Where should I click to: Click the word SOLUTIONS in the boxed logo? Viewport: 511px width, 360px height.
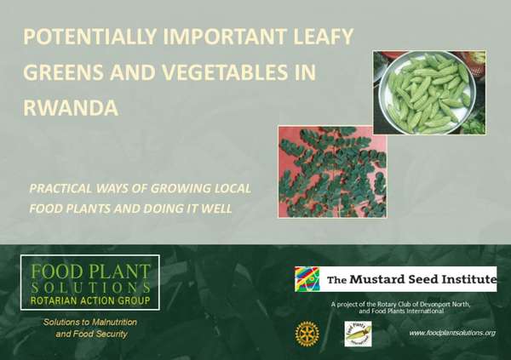pos(90,287)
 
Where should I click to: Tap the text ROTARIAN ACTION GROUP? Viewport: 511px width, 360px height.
pos(90,300)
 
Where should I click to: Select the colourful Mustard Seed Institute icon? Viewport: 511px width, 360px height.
pos(307,279)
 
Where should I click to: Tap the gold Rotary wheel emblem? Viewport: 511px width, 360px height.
pos(306,334)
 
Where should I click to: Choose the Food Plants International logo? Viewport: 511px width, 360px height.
pos(357,334)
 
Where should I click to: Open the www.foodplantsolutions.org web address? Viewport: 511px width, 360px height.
pos(451,332)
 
